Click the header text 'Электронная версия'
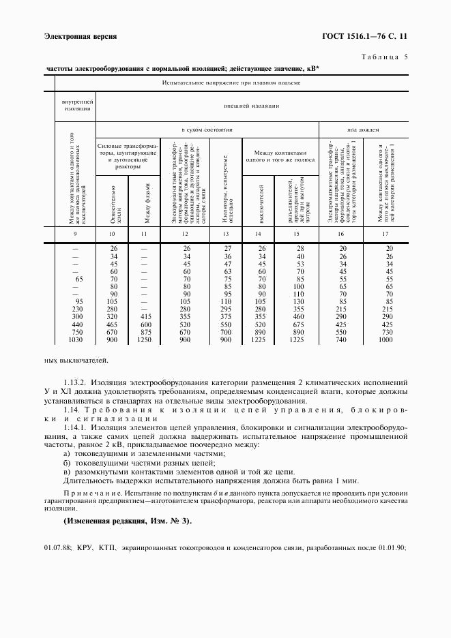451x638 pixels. click(x=81, y=35)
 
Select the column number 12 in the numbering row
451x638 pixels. click(x=185, y=234)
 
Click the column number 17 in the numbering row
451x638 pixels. click(x=388, y=234)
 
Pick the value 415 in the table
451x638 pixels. click(x=145, y=317)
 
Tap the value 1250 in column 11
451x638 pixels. click(x=145, y=339)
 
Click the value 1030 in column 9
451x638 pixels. click(x=76, y=339)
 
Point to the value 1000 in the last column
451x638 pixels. click(x=386, y=339)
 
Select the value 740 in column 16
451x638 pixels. click(x=342, y=339)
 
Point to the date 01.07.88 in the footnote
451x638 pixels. click(x=57, y=547)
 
